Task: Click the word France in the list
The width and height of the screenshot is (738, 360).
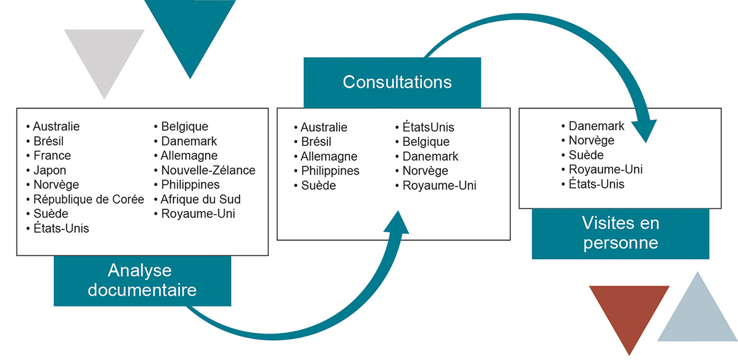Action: click(x=52, y=155)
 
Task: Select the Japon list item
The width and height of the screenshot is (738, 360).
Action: click(x=49, y=170)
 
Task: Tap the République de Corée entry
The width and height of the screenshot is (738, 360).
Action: click(x=88, y=199)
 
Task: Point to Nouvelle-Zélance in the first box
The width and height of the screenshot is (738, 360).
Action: click(x=208, y=170)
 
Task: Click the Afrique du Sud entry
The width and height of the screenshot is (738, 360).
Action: click(x=201, y=199)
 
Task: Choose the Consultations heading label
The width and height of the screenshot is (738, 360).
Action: click(x=397, y=82)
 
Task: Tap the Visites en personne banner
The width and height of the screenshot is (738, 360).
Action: click(x=620, y=233)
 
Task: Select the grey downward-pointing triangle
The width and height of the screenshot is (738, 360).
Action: click(x=104, y=58)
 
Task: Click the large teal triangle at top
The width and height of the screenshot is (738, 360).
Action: click(x=190, y=32)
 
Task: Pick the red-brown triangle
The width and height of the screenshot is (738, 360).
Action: click(x=629, y=312)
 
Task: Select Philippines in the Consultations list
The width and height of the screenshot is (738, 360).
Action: click(x=330, y=171)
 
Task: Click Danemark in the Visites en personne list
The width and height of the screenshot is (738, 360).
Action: click(x=596, y=126)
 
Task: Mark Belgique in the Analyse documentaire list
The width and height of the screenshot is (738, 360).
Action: click(x=184, y=127)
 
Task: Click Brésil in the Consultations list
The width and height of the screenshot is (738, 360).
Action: click(x=316, y=142)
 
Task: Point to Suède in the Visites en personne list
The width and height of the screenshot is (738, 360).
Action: click(x=586, y=155)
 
